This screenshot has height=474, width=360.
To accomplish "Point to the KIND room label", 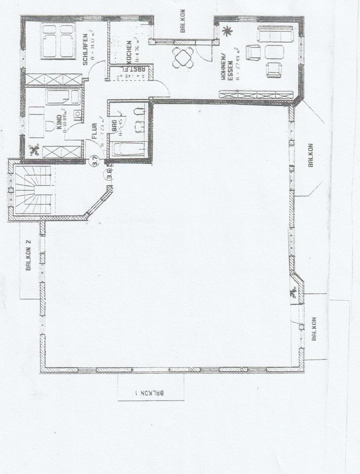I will [x=59, y=120].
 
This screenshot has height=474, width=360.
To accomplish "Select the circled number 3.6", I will [x=109, y=174].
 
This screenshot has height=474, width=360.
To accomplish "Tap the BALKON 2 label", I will [x=29, y=256].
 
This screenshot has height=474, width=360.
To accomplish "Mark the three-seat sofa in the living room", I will [x=275, y=34].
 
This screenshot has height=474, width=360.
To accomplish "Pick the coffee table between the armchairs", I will [x=274, y=52].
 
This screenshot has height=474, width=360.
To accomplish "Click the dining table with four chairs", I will [x=183, y=58].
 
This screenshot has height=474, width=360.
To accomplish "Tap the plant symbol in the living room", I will [x=227, y=32].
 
